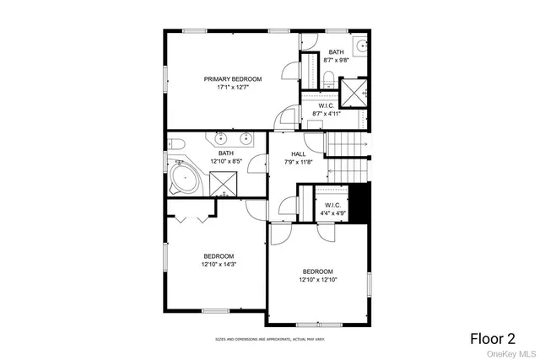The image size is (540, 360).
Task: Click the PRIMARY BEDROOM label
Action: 233,78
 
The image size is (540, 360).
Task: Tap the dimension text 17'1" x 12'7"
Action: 233,86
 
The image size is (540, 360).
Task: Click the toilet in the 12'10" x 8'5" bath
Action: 175,144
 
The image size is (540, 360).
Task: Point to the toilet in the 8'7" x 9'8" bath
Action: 329,79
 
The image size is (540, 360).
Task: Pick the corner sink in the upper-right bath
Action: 360,46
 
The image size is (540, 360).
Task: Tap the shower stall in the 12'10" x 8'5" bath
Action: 223,179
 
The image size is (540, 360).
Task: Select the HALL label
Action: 299,153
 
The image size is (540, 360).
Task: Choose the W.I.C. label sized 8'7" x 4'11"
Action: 328,110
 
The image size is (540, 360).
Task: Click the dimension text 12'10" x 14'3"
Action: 219,264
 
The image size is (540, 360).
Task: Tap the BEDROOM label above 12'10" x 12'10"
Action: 319,271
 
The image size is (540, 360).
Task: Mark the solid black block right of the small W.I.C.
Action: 359,205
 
